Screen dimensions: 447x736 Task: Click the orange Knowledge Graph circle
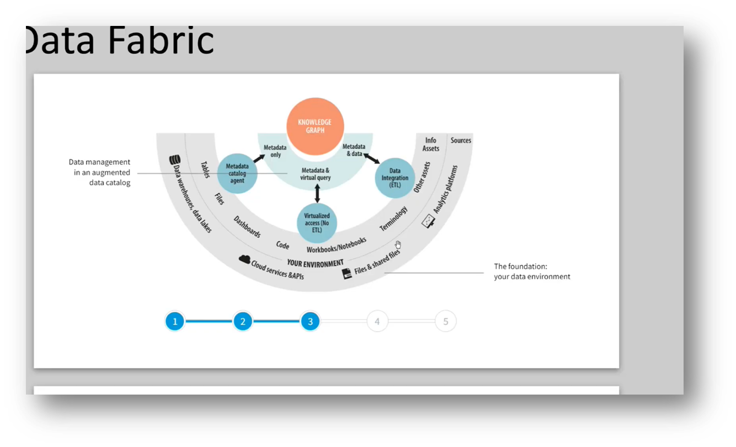(x=315, y=126)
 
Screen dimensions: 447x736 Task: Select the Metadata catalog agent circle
(x=237, y=173)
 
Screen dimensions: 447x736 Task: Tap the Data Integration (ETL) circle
(x=395, y=178)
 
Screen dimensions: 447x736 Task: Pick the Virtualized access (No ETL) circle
(x=317, y=223)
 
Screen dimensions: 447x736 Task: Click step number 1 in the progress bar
(x=175, y=321)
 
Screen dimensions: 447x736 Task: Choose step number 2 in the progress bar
(x=243, y=321)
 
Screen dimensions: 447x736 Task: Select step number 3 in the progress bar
(x=310, y=321)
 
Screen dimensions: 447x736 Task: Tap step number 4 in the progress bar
(x=377, y=321)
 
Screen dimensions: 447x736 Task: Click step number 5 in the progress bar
(x=445, y=321)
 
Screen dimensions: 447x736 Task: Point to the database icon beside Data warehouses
(x=175, y=160)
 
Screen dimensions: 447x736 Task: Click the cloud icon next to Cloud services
(x=244, y=259)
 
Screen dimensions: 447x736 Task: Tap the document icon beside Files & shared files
(x=347, y=274)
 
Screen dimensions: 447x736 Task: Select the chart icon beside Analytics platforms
(x=428, y=222)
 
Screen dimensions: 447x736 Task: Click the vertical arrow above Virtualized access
(x=317, y=193)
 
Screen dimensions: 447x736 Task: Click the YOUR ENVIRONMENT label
(x=315, y=263)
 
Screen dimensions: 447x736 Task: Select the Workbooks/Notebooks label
(x=337, y=245)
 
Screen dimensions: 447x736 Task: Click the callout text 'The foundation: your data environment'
(x=532, y=272)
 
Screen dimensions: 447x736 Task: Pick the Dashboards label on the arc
(x=247, y=227)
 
